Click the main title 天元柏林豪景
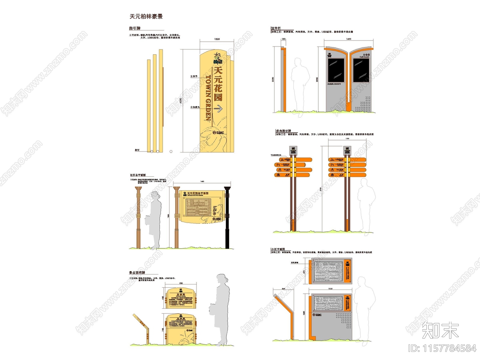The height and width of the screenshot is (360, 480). (x=146, y=16)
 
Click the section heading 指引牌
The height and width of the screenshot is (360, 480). (x=135, y=28)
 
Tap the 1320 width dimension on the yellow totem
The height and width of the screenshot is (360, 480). (x=217, y=39)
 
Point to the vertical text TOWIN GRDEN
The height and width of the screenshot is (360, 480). (x=208, y=98)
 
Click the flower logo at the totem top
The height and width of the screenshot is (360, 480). (x=218, y=58)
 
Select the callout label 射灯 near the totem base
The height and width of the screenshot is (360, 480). (x=137, y=150)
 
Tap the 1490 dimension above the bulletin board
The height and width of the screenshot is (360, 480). (x=349, y=39)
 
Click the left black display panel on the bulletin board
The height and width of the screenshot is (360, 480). (x=336, y=70)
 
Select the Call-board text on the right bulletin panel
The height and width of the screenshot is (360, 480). (x=364, y=57)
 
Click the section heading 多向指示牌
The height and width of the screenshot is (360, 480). (x=283, y=131)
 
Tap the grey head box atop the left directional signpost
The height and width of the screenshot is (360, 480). (x=293, y=150)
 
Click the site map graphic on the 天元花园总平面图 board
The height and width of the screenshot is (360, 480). (x=197, y=207)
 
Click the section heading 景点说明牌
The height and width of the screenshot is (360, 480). (x=137, y=272)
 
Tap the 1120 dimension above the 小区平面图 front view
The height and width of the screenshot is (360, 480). (x=330, y=289)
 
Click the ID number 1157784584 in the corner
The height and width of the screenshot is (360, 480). (x=442, y=348)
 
